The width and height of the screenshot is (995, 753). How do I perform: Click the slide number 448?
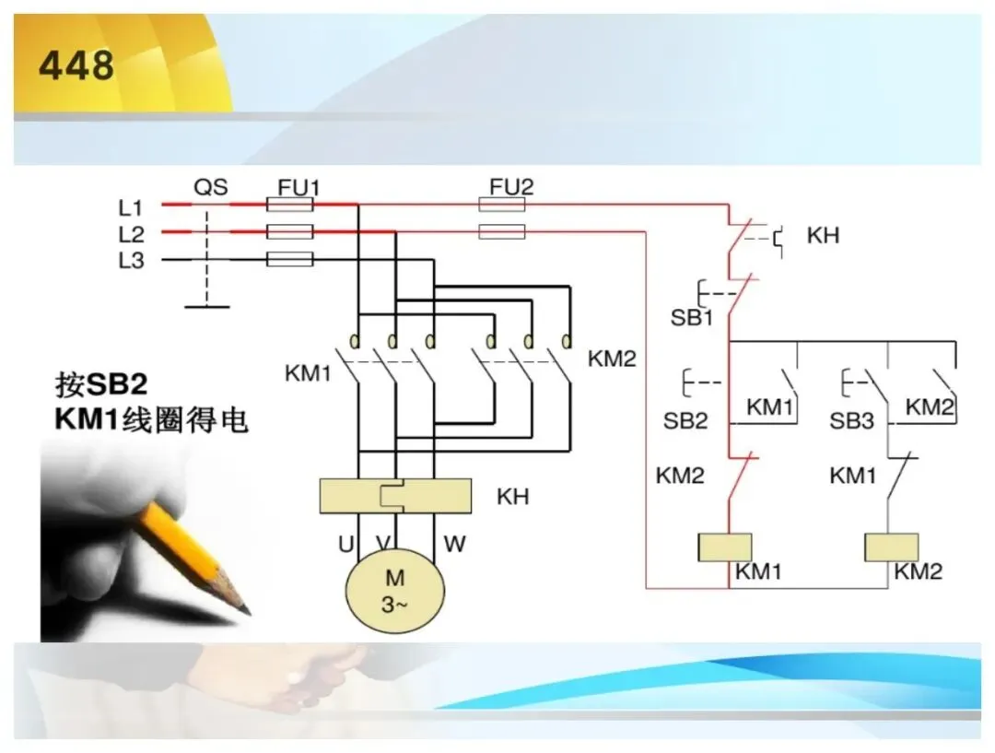point(76,65)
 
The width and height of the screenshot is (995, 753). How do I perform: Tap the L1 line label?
point(131,207)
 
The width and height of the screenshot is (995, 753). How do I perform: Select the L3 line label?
point(131,260)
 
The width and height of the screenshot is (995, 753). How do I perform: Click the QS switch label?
point(211,187)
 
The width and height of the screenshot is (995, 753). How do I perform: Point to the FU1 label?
point(298,187)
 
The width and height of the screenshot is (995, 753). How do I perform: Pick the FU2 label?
point(511,187)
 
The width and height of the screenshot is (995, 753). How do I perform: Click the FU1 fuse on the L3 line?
point(290,259)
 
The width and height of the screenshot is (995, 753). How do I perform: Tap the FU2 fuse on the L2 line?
point(502,231)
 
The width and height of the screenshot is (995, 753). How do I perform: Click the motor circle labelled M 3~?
point(394,590)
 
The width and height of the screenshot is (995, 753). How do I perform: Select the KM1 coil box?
point(725,547)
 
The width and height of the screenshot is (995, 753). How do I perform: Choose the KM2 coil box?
point(892,547)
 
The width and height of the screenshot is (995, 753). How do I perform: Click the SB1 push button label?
point(692,317)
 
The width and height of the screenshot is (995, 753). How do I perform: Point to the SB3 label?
point(851,420)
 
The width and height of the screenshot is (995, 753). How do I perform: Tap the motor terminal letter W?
point(454,544)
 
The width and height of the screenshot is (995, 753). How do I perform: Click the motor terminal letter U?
point(345,544)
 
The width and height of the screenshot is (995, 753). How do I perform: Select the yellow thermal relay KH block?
point(395,496)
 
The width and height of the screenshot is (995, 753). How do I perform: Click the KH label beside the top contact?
point(823,236)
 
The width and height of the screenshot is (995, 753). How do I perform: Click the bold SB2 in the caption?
point(116,384)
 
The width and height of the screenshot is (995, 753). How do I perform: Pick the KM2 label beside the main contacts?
point(612,359)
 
